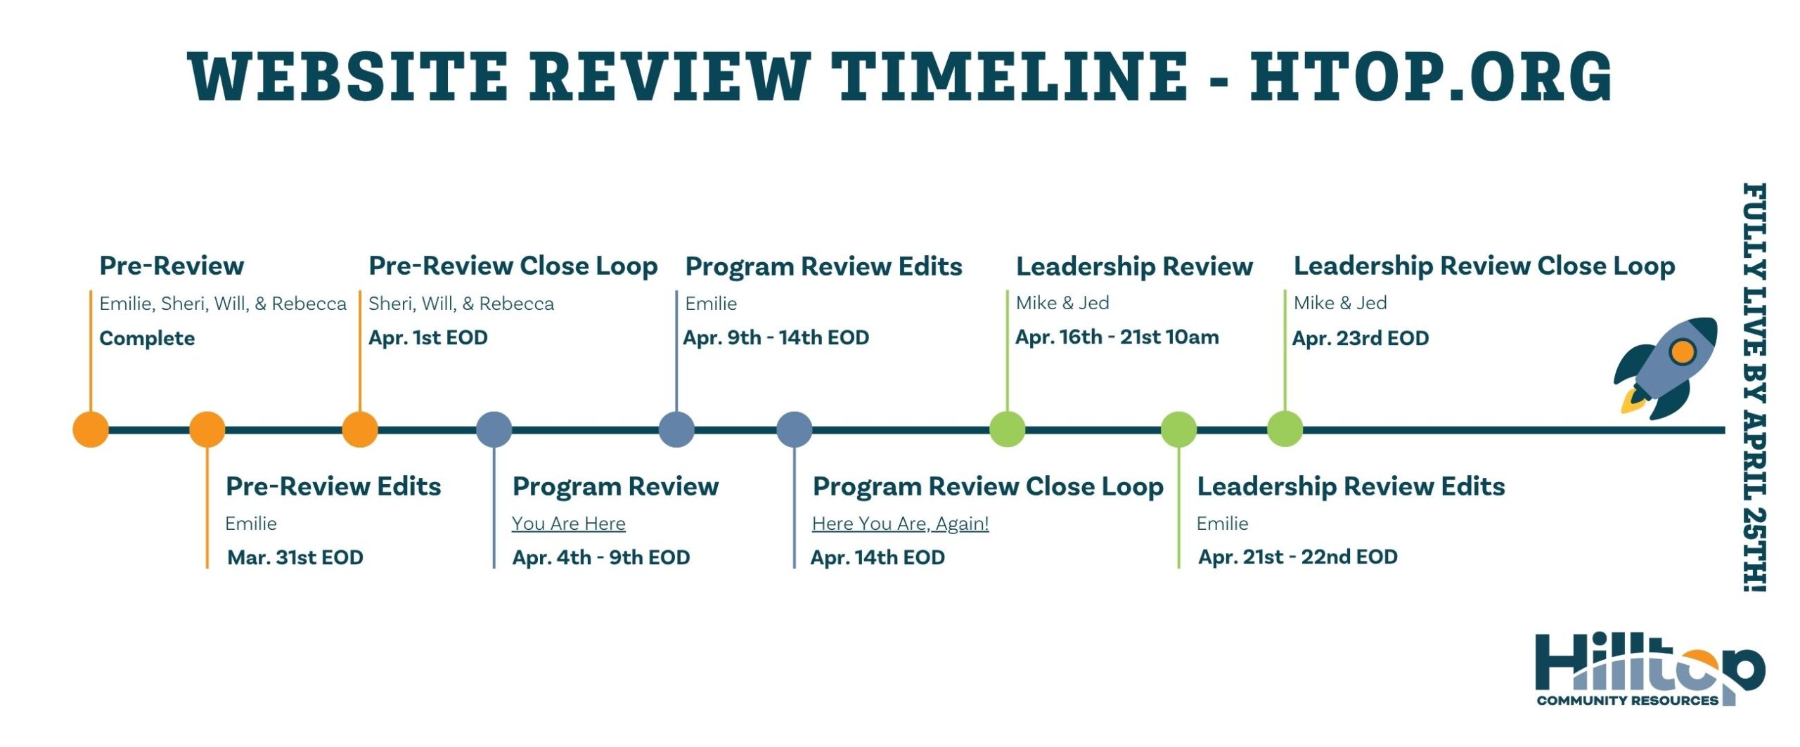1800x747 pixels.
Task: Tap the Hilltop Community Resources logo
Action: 1650,670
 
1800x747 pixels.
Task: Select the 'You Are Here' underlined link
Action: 569,524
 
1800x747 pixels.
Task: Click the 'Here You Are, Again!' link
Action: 901,524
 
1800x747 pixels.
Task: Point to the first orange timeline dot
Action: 91,429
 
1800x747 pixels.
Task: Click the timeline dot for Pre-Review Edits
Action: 207,429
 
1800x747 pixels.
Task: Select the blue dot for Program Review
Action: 494,429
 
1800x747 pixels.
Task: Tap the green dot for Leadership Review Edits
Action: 1178,429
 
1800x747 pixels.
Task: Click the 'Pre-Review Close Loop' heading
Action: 513,266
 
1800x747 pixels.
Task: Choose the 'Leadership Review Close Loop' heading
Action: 1484,266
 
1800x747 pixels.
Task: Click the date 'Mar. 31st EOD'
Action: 295,557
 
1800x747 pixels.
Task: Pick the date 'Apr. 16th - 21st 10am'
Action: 1117,337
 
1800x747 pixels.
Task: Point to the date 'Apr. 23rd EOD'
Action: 1361,338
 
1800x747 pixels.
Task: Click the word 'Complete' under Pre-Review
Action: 147,339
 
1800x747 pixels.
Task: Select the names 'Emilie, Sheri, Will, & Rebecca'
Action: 223,304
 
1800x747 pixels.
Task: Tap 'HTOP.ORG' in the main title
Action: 1432,76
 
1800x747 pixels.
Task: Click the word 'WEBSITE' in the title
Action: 348,76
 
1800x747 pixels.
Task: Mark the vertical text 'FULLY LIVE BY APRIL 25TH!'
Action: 1755,387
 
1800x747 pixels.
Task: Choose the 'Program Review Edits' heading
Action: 824,267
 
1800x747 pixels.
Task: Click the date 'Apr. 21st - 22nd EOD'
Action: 1298,557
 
